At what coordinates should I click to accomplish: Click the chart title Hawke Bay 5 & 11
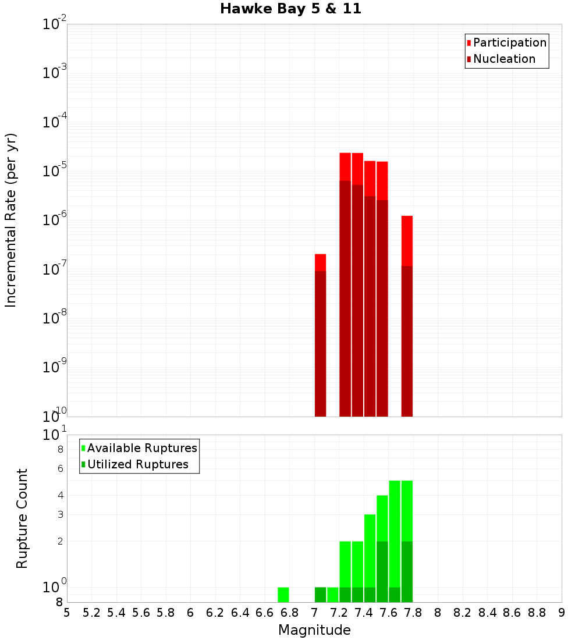tap(290, 9)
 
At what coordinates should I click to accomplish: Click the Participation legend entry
tap(510, 42)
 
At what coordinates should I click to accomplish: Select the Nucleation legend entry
tap(504, 59)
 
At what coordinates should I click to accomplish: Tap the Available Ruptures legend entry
tap(142, 448)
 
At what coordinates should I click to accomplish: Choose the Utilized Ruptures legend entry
tap(137, 464)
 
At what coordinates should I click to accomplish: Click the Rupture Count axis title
tap(22, 518)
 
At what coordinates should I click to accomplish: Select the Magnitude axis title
tap(314, 630)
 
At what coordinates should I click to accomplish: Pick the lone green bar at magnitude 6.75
tap(283, 595)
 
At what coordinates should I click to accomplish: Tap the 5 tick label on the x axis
tap(67, 613)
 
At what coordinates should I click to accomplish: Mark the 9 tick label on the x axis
tap(562, 613)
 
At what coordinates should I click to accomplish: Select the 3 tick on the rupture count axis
tap(59, 514)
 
